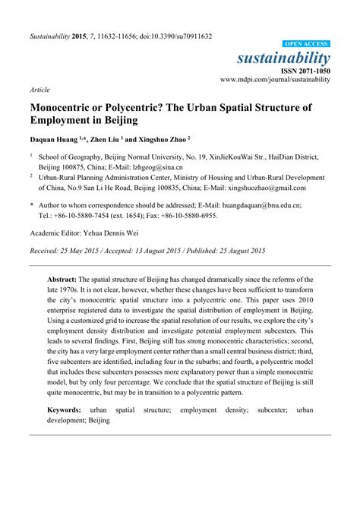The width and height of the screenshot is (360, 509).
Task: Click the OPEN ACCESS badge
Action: click(x=307, y=45)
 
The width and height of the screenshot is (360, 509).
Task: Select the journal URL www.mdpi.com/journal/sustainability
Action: click(x=276, y=78)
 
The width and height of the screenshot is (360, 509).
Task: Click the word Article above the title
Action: click(x=39, y=89)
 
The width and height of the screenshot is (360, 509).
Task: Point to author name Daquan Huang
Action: click(x=58, y=140)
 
